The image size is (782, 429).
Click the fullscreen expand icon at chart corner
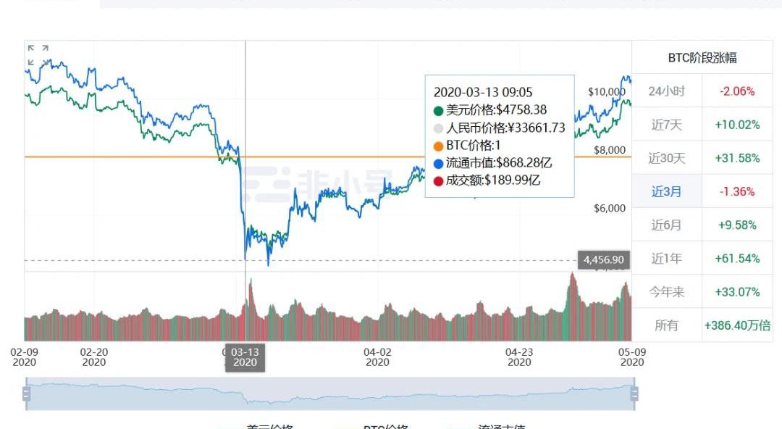pos(38,54)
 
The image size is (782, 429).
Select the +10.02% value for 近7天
pos(737,125)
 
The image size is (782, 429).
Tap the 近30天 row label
pos(666,158)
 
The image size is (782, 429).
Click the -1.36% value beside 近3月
pos(737,191)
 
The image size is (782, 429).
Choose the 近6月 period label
pos(666,225)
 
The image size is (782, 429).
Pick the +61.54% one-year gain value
pos(737,258)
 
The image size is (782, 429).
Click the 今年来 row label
pos(666,292)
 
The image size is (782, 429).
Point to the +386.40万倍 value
pos(737,325)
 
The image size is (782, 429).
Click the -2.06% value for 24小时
pos(737,91)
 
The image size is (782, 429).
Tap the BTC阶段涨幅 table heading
pos(702,58)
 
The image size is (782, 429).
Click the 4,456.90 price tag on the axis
pos(602,259)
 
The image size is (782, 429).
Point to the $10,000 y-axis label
pos(605,91)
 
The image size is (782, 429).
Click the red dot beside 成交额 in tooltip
pos(438,180)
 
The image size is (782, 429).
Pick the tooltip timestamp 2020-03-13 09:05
pos(482,92)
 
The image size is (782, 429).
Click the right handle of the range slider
pos(634,393)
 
